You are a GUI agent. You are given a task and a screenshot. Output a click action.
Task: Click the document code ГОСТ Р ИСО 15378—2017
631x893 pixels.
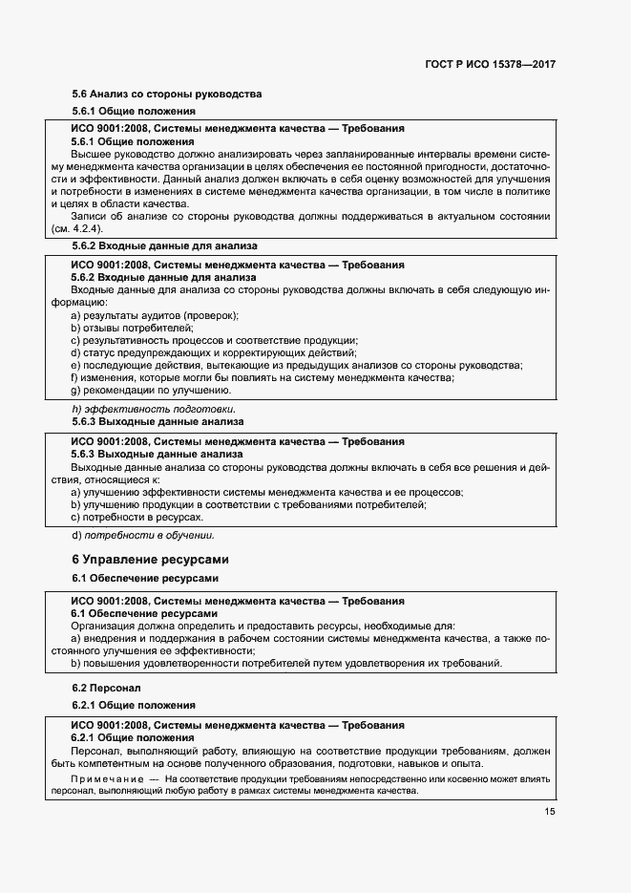(x=491, y=64)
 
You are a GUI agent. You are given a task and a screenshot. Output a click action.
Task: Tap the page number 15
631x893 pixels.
(x=550, y=811)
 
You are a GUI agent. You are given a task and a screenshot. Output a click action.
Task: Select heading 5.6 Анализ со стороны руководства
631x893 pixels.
(x=167, y=95)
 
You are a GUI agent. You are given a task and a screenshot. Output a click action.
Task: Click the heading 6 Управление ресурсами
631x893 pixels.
(x=151, y=559)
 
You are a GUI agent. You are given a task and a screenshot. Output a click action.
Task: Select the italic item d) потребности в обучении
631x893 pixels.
(x=143, y=535)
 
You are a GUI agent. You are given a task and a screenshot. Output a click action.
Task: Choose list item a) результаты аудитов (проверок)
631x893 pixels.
(x=155, y=315)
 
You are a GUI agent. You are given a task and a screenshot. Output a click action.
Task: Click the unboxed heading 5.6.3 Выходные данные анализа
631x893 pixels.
(x=158, y=421)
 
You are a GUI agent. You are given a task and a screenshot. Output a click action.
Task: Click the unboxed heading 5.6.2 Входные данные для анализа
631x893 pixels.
(x=164, y=245)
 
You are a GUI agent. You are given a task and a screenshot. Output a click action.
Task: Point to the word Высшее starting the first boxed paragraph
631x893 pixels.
(x=93, y=153)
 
